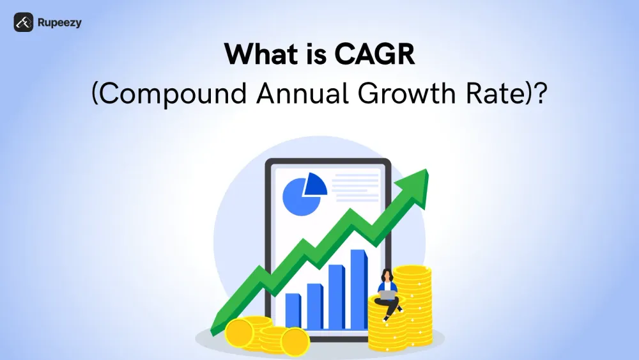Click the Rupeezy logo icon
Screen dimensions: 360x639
point(23,22)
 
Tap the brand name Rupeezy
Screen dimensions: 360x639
point(59,23)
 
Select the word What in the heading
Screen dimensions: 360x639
point(261,56)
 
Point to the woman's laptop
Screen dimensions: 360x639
point(387,294)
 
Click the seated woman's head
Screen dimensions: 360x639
point(385,274)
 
